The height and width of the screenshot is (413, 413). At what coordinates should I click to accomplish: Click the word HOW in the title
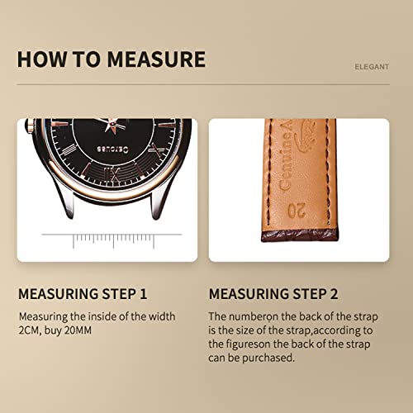click(40, 59)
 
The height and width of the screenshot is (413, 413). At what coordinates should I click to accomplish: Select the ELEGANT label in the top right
click(372, 67)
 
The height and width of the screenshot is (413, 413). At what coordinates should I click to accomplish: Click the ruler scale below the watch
click(108, 240)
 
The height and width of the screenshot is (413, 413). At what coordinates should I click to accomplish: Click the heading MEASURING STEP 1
click(83, 293)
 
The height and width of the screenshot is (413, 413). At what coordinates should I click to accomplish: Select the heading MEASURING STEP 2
click(273, 293)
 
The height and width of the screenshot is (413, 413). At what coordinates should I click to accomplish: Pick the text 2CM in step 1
click(29, 330)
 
